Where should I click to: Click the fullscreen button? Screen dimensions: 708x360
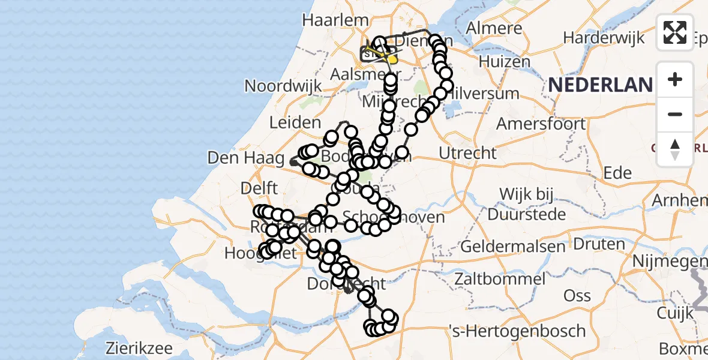(675, 32)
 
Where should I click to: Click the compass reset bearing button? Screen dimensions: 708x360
(675, 149)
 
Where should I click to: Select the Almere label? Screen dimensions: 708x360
(494, 28)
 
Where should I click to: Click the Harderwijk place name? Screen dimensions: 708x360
(604, 37)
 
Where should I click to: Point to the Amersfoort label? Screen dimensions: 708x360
(541, 124)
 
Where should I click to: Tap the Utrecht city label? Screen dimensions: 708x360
(467, 153)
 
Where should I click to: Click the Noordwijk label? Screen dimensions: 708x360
(283, 86)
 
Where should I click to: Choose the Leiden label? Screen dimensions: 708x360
(295, 123)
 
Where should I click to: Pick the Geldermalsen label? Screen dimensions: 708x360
(512, 246)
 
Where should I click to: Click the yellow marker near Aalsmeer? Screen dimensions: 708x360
(393, 59)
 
